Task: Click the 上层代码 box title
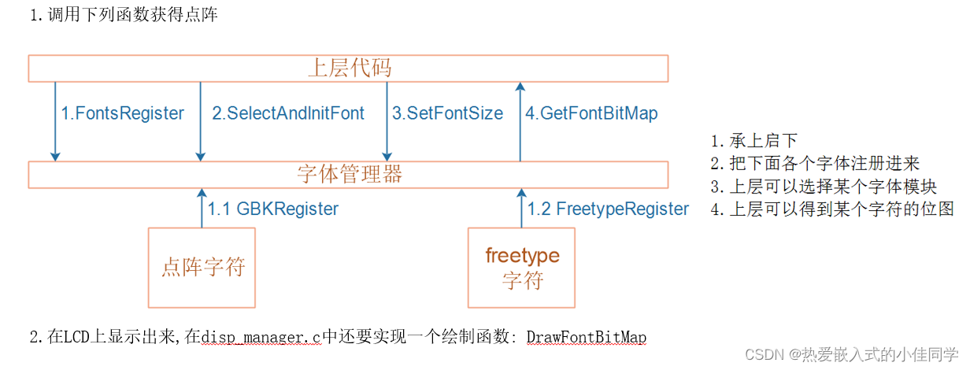349,68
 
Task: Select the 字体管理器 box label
349,174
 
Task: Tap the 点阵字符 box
202,267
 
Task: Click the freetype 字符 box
522,267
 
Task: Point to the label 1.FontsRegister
123,113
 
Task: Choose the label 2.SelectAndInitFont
288,113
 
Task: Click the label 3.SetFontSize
447,113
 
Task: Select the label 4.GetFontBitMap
591,113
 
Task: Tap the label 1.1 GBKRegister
272,209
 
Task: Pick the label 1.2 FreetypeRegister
608,209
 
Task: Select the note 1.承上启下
753,142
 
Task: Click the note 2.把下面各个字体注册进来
815,164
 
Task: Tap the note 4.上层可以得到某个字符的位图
831,209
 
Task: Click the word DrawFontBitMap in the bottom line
586,338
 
